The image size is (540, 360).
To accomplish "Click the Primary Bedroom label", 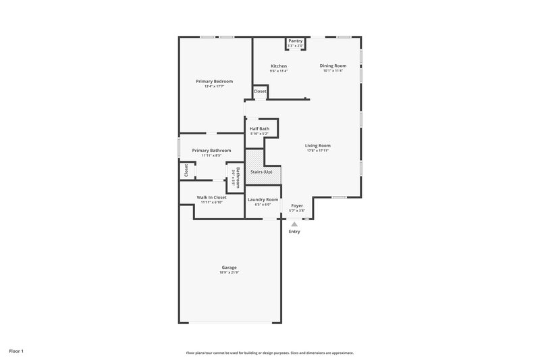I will [214, 81].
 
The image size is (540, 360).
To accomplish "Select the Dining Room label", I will [333, 66].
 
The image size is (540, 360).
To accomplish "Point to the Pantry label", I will [296, 41].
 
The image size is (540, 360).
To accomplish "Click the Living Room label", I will [317, 145].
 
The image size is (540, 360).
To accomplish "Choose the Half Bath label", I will [259, 128].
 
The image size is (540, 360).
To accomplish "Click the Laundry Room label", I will [263, 199].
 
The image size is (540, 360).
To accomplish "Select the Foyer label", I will [297, 205].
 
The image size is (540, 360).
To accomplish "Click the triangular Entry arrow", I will [294, 224].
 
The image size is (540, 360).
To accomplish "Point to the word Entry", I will [294, 232].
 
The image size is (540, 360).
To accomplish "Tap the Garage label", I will [229, 267].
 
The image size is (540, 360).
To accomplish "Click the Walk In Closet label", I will [212, 197].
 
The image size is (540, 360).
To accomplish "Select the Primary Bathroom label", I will [211, 150].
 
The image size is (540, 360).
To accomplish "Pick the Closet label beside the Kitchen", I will [260, 91].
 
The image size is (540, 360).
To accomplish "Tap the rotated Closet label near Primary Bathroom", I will [186, 171].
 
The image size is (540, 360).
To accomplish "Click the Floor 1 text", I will [17, 351].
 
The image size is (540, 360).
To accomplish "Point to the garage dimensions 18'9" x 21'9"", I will [229, 272].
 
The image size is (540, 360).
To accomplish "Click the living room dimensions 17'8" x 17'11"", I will [317, 151].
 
